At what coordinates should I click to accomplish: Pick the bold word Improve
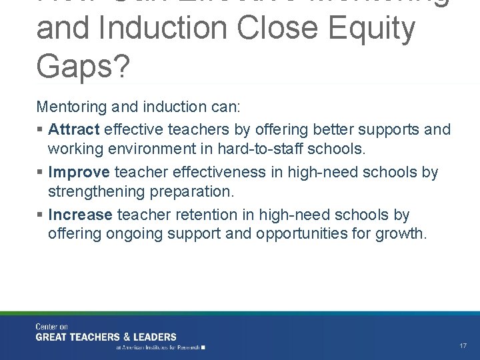[79, 172]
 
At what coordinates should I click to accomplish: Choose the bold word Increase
[81, 215]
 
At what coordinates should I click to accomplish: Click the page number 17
[463, 346]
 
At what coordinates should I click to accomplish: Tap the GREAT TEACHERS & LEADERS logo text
[106, 337]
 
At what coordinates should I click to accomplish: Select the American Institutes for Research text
[160, 347]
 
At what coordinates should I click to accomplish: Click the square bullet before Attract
[41, 129]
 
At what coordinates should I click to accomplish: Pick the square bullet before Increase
[41, 215]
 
